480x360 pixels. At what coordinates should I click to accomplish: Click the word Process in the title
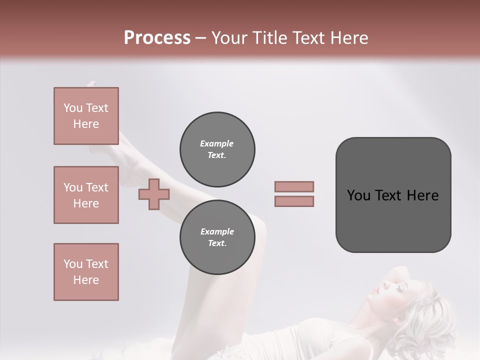tap(157, 37)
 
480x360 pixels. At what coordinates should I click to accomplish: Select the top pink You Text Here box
tap(86, 116)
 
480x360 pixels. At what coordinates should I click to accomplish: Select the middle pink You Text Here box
tap(86, 195)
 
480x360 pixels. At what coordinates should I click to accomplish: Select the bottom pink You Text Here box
tap(86, 272)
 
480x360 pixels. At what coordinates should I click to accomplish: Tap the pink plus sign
tap(154, 194)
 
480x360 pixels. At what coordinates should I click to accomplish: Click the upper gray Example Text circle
tap(217, 149)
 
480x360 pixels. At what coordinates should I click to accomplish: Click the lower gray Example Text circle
tap(217, 237)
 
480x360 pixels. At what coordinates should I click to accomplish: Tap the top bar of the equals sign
tap(294, 186)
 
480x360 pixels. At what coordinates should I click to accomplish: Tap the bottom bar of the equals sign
tap(294, 201)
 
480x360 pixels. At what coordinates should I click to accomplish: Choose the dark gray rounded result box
tap(393, 194)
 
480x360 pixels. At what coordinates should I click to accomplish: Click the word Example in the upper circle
tap(217, 143)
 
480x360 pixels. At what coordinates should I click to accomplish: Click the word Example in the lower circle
tap(217, 231)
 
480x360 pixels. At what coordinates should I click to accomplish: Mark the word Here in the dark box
tap(422, 195)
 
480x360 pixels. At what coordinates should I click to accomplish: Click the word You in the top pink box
tap(73, 108)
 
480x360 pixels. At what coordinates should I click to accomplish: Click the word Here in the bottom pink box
tap(86, 280)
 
